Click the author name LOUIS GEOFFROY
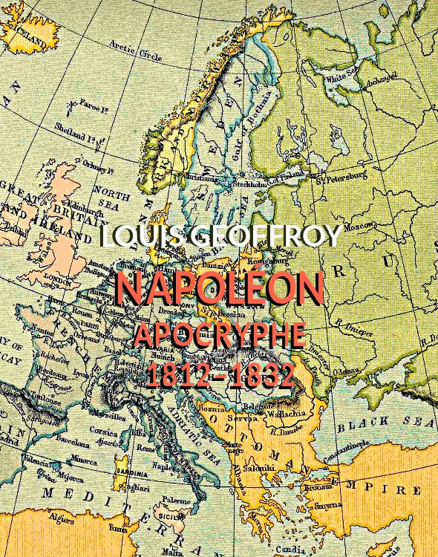pyautogui.click(x=220, y=237)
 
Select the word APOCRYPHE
pyautogui.click(x=219, y=336)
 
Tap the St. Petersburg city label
pyautogui.click(x=341, y=177)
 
